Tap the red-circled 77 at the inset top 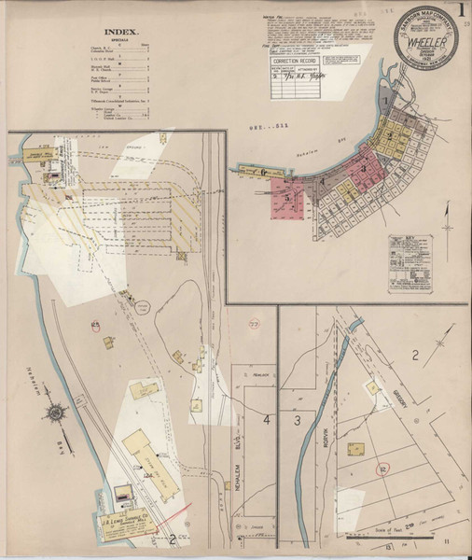point(255,322)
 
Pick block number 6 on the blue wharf point(264,173)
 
